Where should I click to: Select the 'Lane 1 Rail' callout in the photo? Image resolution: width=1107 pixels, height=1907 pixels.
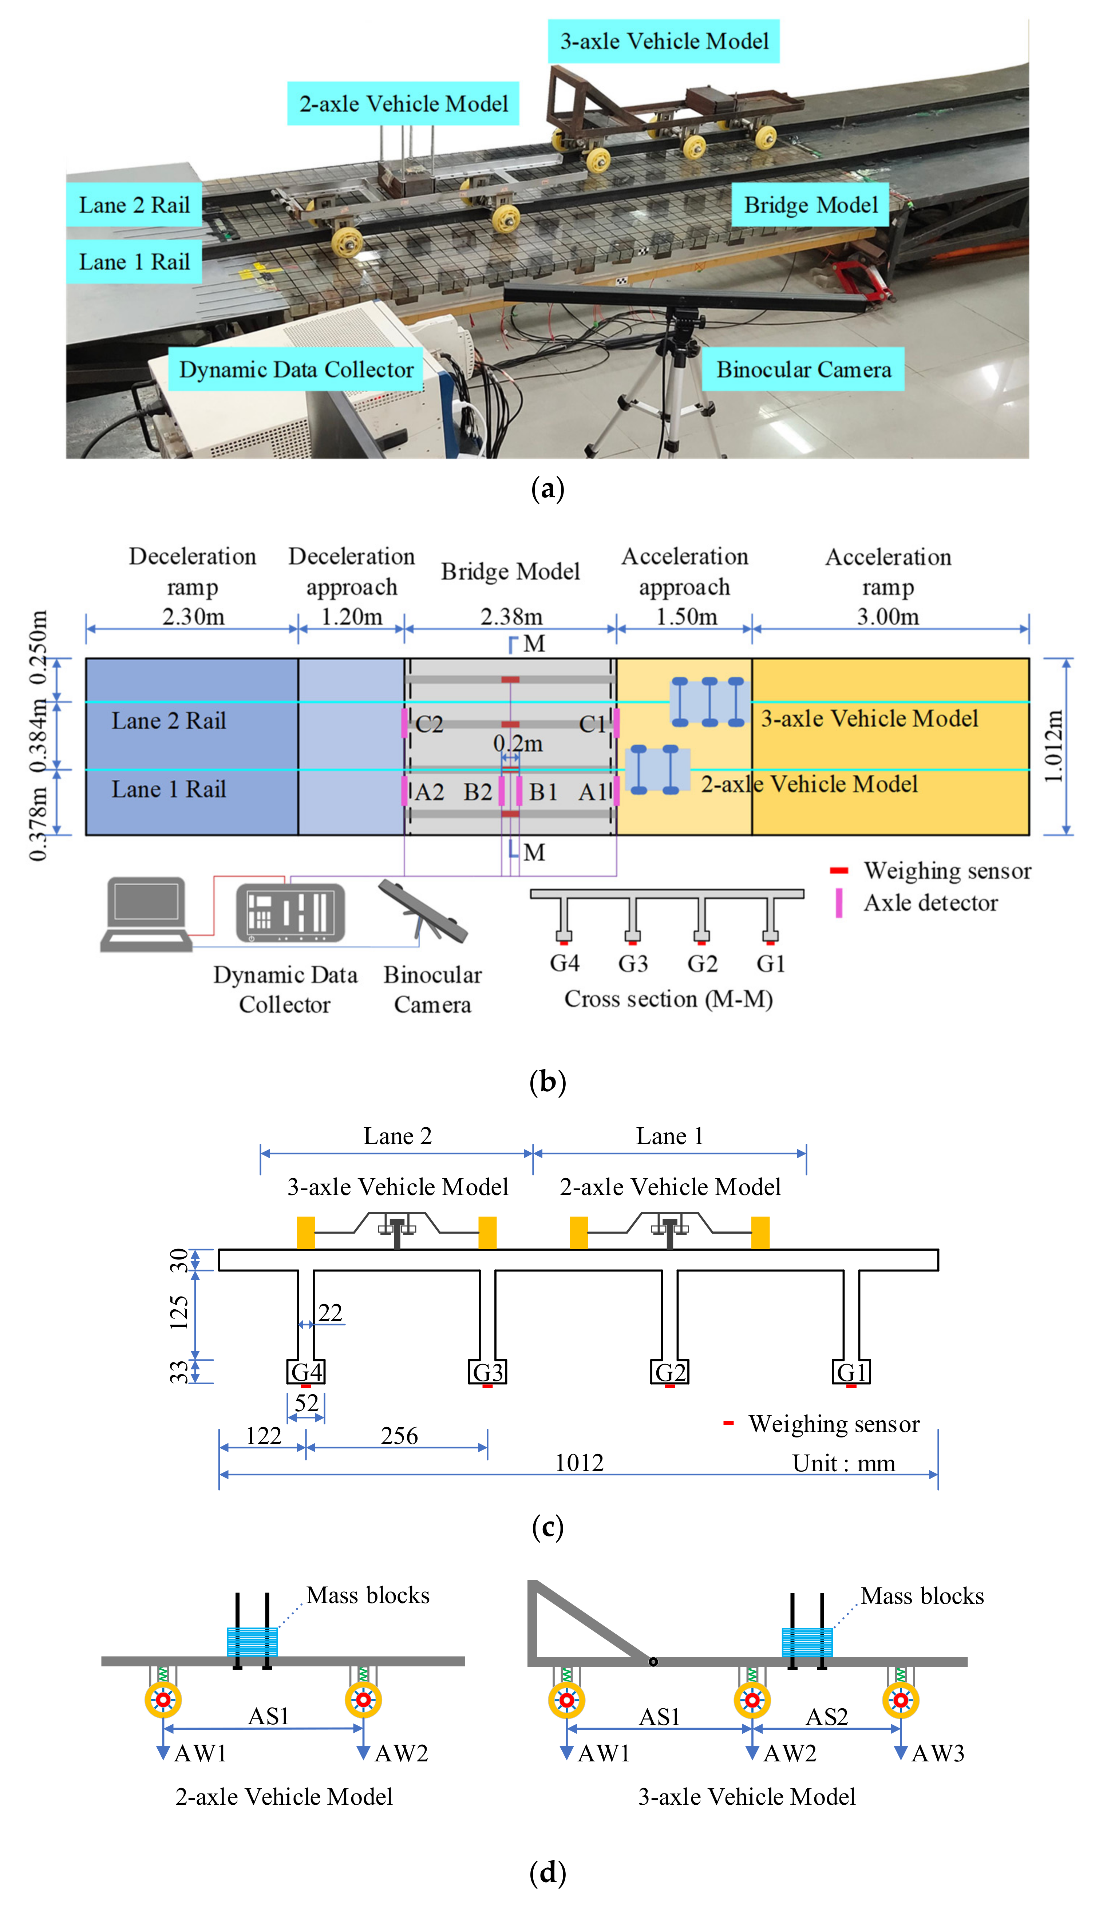[x=134, y=262]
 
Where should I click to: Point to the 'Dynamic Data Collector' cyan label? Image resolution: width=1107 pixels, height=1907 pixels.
[x=296, y=369]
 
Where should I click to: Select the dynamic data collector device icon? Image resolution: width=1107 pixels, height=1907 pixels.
[x=290, y=913]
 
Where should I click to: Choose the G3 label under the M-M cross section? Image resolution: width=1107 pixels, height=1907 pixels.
[x=633, y=964]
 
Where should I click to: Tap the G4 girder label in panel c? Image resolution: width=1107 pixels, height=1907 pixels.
[x=307, y=1372]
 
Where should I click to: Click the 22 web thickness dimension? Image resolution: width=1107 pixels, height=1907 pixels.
[x=330, y=1312]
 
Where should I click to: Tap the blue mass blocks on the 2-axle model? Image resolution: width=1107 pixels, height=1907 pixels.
[x=252, y=1642]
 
